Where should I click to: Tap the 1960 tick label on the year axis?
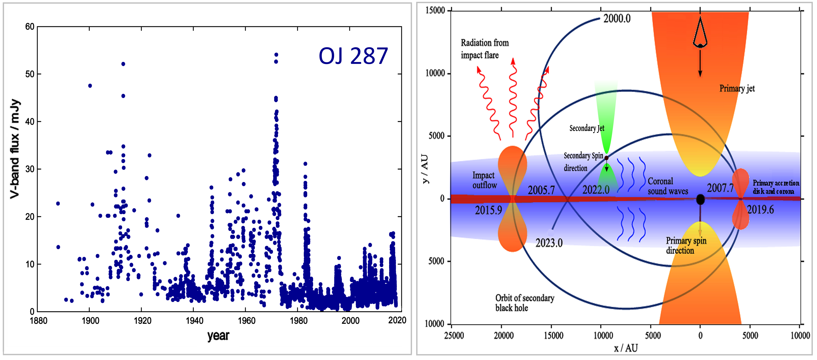(x=246, y=321)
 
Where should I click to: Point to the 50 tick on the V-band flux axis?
(x=30, y=74)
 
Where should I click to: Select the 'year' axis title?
(x=218, y=336)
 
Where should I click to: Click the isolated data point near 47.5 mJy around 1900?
(x=90, y=86)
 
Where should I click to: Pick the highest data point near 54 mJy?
(x=276, y=55)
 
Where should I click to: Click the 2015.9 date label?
(x=488, y=210)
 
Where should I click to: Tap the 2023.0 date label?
(x=549, y=243)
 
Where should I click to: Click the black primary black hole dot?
(x=700, y=200)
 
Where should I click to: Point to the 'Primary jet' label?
(x=737, y=88)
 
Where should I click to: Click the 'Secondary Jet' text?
(x=587, y=128)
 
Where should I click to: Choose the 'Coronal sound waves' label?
(x=668, y=186)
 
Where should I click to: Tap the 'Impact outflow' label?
(x=484, y=180)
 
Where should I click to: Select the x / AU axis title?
(x=625, y=348)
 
